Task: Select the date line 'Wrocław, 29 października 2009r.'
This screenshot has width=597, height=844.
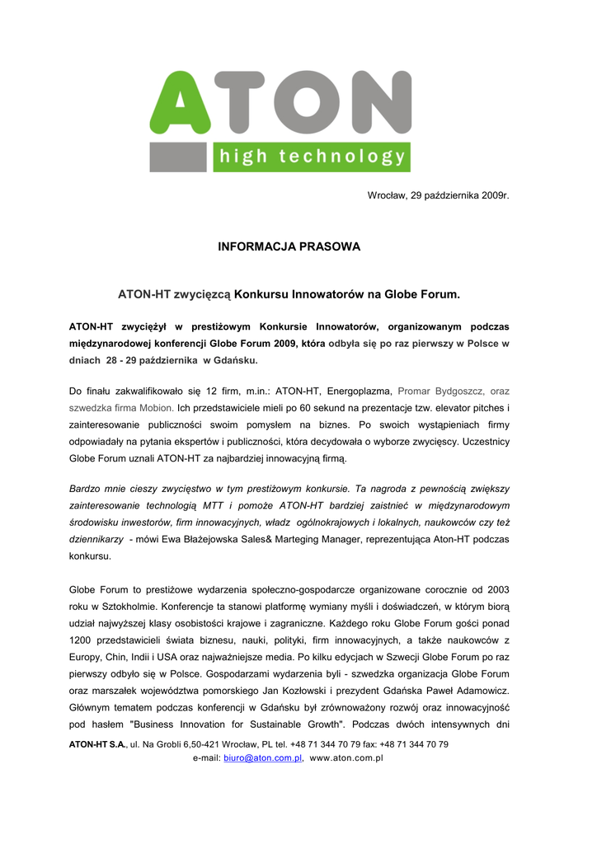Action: click(438, 194)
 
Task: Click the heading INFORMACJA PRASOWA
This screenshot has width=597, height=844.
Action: click(289, 246)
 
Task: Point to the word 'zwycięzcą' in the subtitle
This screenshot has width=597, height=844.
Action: click(202, 293)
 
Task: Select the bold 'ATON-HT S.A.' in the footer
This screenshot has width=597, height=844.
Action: click(96, 744)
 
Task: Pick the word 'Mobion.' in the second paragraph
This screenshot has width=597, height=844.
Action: click(153, 408)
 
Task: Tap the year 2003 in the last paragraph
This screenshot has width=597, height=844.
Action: click(497, 590)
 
